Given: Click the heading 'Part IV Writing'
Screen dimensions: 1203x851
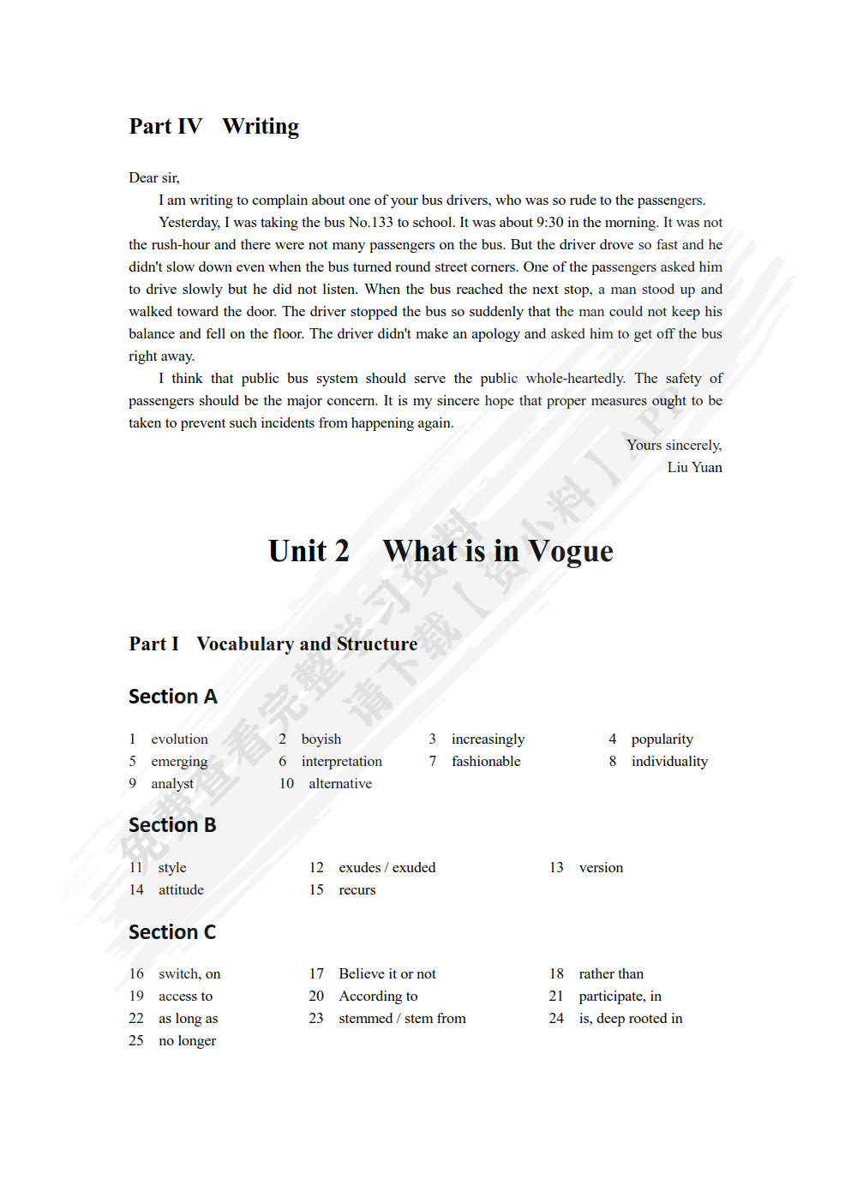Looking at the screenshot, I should (213, 127).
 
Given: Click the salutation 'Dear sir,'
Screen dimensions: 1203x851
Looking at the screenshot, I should (154, 178).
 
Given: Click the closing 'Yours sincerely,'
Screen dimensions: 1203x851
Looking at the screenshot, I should (674, 446).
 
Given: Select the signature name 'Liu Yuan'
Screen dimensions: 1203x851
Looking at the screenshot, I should (694, 468).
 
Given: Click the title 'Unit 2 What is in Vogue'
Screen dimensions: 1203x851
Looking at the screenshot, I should (440, 551).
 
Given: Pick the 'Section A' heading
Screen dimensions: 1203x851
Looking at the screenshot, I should (172, 697).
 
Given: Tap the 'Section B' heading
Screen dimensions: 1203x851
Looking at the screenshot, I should (172, 825).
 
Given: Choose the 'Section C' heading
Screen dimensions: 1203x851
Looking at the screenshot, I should (172, 932).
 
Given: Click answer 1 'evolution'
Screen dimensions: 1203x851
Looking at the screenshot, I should (179, 739).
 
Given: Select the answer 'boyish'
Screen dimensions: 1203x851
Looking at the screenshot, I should (321, 739).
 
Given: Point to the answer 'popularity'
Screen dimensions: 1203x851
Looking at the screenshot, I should (662, 739).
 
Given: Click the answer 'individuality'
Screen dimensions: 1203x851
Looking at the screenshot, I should (669, 762).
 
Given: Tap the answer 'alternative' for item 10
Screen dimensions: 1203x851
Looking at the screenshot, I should (340, 784).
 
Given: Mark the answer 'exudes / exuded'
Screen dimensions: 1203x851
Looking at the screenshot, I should (387, 868).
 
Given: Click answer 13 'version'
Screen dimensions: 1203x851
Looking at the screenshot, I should (601, 868).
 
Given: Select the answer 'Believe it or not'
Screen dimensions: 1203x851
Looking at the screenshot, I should (387, 974).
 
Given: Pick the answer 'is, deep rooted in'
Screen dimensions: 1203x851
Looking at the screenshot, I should (630, 1019).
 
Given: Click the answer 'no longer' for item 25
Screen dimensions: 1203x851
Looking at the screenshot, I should (187, 1041).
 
